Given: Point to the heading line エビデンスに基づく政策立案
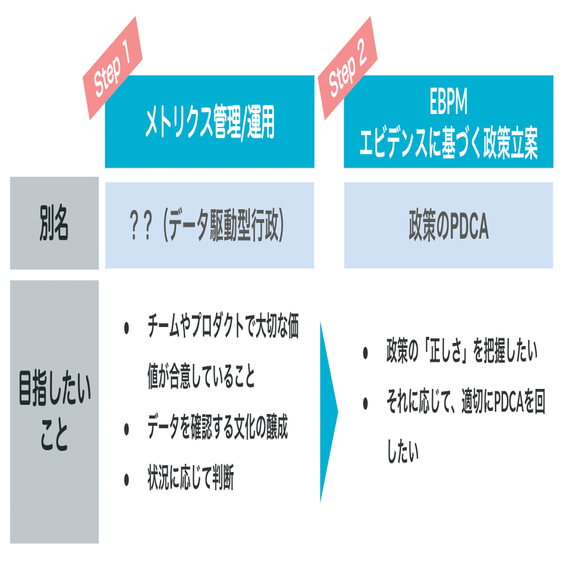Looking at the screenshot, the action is pos(448,144).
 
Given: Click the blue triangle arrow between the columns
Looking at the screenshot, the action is pos(329,412).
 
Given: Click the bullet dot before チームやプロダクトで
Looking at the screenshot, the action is pos(127,329).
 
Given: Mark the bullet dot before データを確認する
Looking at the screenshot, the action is pos(127,430).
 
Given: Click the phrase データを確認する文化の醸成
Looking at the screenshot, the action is pos(218,430).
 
